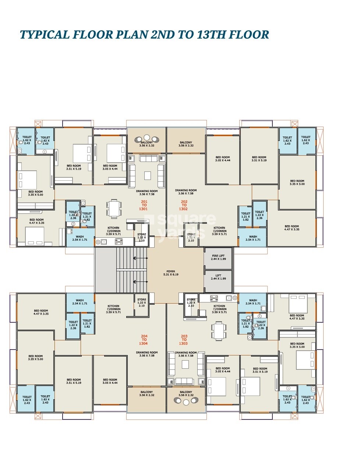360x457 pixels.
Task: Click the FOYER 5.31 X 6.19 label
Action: [x=171, y=273]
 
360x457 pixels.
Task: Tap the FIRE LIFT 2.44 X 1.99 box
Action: [x=218, y=258]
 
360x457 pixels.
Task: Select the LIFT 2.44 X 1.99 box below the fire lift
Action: [x=218, y=277]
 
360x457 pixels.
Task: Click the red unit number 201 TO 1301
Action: [x=144, y=205]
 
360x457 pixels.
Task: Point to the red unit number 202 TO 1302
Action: [x=184, y=205]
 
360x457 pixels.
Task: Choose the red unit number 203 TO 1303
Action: [x=184, y=340]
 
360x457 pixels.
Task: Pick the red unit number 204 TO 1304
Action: [x=144, y=340]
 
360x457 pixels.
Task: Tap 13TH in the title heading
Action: [x=211, y=35]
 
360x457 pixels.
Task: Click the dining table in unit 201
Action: [x=114, y=209]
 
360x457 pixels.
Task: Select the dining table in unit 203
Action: [x=219, y=330]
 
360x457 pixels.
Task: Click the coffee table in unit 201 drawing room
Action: [x=147, y=176]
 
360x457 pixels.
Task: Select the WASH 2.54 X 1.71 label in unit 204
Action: [x=80, y=302]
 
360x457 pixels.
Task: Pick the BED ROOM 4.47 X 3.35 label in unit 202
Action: [x=292, y=228]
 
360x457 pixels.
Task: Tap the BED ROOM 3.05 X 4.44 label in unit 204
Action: [x=110, y=381]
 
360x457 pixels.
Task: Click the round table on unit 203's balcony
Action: [x=186, y=402]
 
